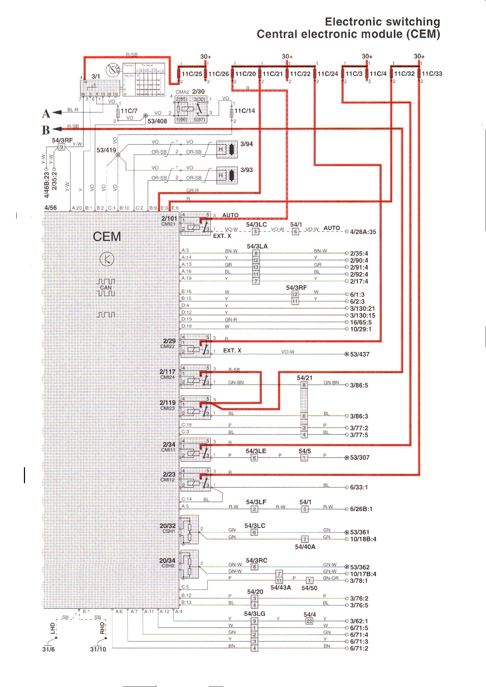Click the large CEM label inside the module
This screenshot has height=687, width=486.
coord(107,237)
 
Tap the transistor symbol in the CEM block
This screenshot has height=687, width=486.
coord(107,259)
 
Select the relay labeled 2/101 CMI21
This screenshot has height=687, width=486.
coord(195,224)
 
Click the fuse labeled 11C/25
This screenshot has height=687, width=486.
coord(179,74)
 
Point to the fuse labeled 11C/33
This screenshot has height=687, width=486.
coord(419,74)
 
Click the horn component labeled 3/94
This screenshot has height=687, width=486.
coord(227,149)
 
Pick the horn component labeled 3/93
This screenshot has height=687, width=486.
coord(227,175)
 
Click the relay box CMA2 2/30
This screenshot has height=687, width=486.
coord(191,109)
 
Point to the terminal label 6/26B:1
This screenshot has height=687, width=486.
coord(361,509)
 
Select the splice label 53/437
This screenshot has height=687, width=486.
coord(360,354)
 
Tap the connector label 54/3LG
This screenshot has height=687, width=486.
coord(254,614)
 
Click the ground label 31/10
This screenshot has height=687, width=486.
coord(98,649)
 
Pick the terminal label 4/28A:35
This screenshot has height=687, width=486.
coord(363,232)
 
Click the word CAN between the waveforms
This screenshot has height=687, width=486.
coord(106,288)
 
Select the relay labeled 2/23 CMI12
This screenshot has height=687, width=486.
coord(195,479)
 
